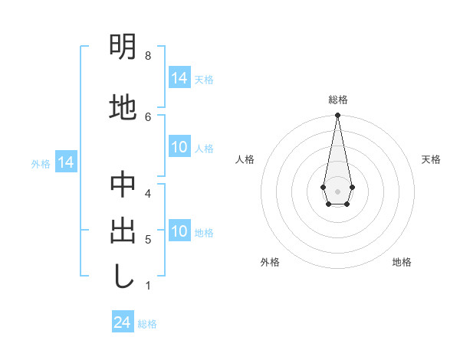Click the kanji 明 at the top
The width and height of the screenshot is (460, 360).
pyautogui.click(x=123, y=47)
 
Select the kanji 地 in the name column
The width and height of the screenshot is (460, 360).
pyautogui.click(x=123, y=107)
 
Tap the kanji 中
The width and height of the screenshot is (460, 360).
pyautogui.click(x=123, y=185)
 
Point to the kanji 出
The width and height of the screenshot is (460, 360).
pyautogui.click(x=123, y=231)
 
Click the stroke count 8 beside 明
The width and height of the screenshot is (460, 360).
pyautogui.click(x=147, y=56)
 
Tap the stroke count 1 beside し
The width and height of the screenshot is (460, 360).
pyautogui.click(x=147, y=286)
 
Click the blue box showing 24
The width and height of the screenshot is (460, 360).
pyautogui.click(x=123, y=322)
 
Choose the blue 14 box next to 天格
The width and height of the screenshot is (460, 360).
pyautogui.click(x=179, y=78)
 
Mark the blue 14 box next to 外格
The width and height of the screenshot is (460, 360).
pyautogui.click(x=66, y=162)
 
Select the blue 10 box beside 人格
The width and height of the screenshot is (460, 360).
pyautogui.click(x=179, y=148)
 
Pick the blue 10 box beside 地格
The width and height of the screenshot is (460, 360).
pyautogui.click(x=179, y=232)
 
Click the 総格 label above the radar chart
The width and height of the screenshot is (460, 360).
pyautogui.click(x=337, y=100)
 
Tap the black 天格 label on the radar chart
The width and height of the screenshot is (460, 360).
pyautogui.click(x=431, y=159)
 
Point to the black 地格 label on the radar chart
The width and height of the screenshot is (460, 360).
pyautogui.click(x=402, y=262)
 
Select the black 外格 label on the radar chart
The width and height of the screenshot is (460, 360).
pyautogui.click(x=270, y=262)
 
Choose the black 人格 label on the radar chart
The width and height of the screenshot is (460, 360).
pyautogui.click(x=245, y=159)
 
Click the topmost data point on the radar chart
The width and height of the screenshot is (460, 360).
pyautogui.click(x=337, y=116)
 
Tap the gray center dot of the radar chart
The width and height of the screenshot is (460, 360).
pyautogui.click(x=337, y=190)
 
